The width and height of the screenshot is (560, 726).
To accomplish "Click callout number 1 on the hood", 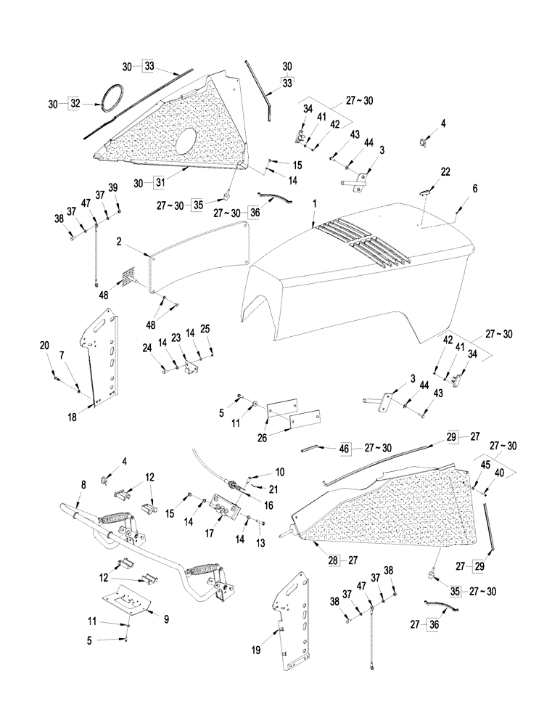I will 314,207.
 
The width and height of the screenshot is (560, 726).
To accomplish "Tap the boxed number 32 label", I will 74,105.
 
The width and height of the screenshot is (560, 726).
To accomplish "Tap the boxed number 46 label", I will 345,449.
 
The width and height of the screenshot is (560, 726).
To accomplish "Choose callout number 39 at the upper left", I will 112,187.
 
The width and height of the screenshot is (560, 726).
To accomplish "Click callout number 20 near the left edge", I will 46,347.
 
